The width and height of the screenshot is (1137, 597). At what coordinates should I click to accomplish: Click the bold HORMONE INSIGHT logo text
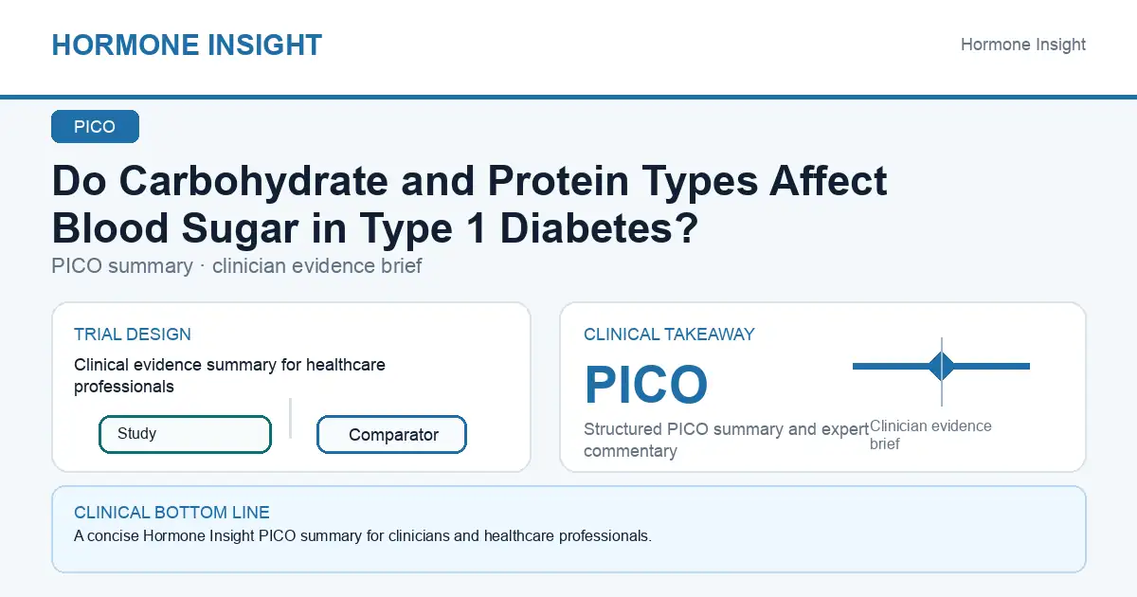click(x=187, y=45)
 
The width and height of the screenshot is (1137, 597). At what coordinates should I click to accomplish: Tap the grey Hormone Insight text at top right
click(x=1022, y=45)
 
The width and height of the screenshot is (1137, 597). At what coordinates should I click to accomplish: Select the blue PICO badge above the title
click(x=95, y=126)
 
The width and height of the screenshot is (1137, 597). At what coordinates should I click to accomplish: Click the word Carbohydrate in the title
click(x=254, y=182)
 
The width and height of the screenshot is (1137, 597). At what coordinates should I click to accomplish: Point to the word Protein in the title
click(x=558, y=181)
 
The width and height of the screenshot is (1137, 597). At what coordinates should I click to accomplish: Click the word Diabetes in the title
click(x=590, y=228)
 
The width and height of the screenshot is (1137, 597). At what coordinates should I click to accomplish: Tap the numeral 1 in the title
click(x=475, y=228)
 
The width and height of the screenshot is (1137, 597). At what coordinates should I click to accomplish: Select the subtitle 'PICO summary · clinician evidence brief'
click(x=237, y=266)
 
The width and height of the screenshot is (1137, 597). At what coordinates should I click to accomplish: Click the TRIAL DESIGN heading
click(x=133, y=335)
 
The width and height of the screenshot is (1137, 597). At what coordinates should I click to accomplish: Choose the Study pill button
click(x=186, y=434)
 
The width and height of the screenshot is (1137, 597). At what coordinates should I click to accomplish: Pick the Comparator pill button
click(x=391, y=435)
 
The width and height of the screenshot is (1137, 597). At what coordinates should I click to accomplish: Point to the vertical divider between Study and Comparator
click(x=290, y=418)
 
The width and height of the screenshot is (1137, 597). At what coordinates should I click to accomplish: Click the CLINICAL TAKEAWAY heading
click(x=669, y=335)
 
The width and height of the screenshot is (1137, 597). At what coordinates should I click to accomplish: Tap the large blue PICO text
click(x=645, y=385)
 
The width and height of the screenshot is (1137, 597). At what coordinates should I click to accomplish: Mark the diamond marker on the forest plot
click(x=942, y=366)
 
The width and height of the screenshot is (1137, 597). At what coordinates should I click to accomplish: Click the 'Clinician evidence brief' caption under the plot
click(x=930, y=435)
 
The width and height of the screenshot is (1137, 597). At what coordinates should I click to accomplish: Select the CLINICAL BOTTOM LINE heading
click(x=171, y=513)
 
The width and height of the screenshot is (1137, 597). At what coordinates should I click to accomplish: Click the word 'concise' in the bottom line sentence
click(x=113, y=536)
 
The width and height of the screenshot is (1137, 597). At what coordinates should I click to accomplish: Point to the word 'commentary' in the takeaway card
click(x=630, y=451)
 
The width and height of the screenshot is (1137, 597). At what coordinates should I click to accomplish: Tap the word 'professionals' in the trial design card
click(x=124, y=387)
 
